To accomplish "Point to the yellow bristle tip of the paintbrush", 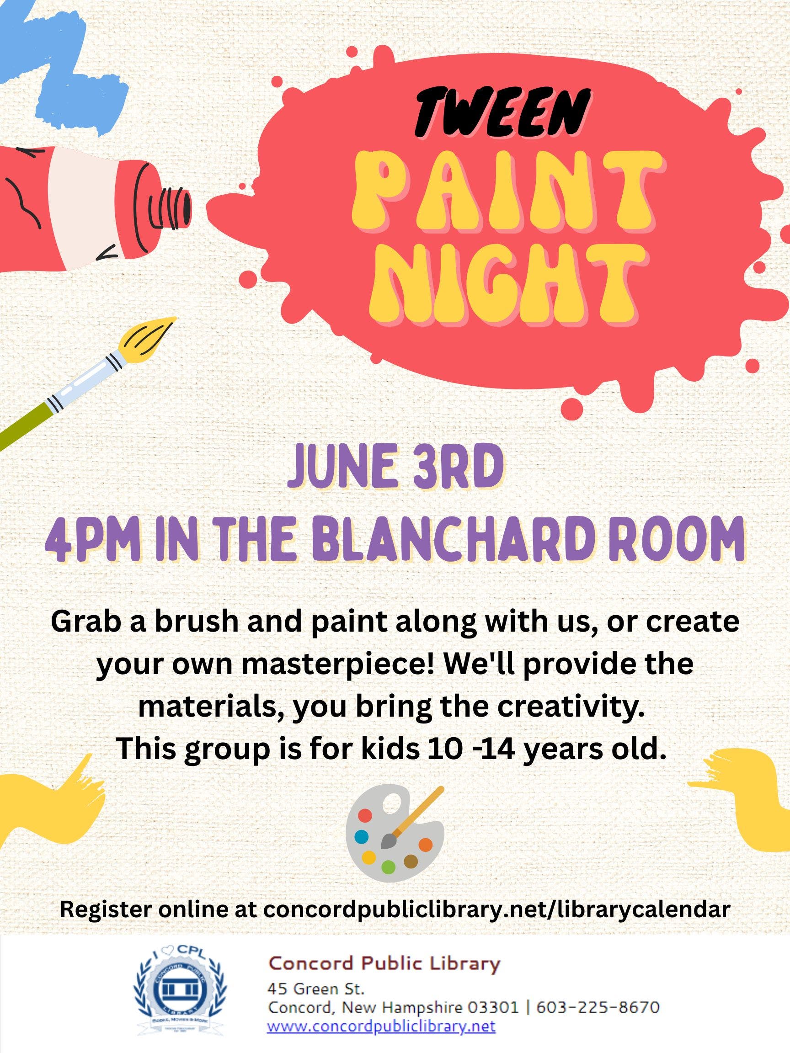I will point(148,339).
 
